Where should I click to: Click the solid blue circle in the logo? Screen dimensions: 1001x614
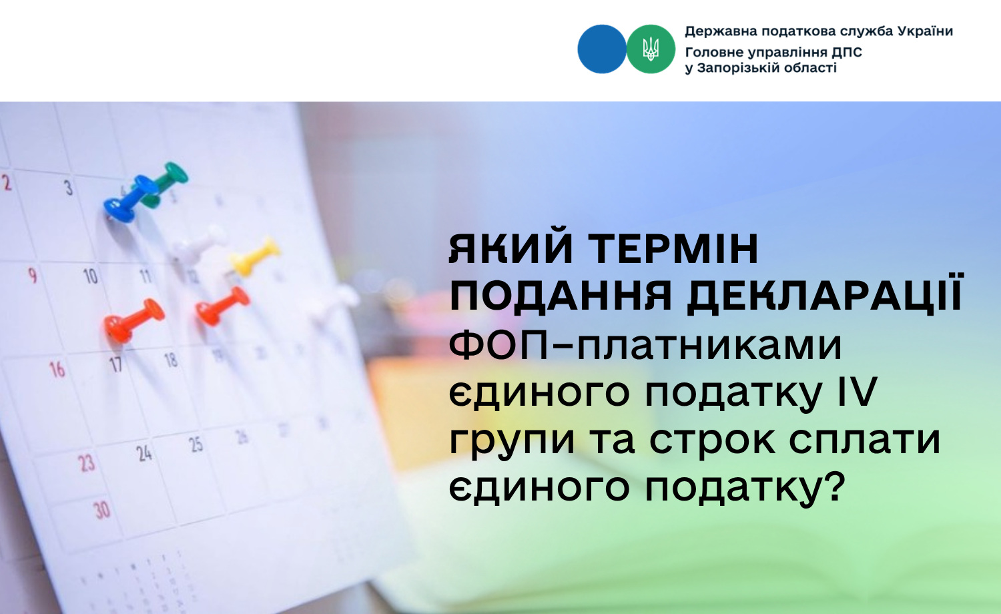pos(602,49)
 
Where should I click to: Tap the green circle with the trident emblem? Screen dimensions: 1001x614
pos(651,49)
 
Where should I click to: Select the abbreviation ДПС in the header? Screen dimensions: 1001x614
pos(846,52)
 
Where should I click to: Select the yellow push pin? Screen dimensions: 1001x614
pos(255,257)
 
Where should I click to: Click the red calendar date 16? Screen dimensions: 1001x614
pos(57,370)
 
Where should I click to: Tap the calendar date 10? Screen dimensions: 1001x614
pos(91,276)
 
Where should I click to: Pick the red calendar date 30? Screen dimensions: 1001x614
pos(102,510)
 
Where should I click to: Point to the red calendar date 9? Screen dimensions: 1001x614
pos(32,275)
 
